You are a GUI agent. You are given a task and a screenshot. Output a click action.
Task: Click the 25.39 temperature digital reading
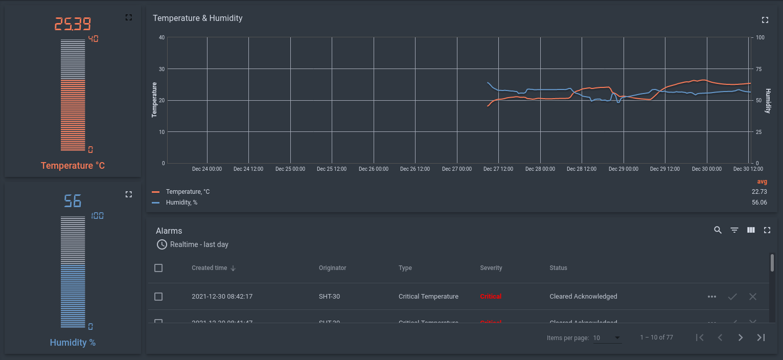pos(73,24)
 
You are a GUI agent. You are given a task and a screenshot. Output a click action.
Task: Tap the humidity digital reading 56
pos(73,200)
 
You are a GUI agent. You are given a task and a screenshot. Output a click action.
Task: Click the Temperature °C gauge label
pos(73,166)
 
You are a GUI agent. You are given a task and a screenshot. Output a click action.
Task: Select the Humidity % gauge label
pos(73,343)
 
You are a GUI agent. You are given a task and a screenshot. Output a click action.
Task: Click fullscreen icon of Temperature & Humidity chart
pos(765,20)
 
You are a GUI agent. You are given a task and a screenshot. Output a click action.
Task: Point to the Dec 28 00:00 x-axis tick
pos(540,169)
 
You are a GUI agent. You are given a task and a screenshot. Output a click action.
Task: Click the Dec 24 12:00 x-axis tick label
pos(248,169)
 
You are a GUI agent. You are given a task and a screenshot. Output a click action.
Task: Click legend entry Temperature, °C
pos(188,192)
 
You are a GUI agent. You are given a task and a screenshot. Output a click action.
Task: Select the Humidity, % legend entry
pos(181,202)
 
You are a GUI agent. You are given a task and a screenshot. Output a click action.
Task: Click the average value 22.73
pos(759,192)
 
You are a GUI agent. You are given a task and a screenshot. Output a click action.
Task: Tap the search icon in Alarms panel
pos(718,230)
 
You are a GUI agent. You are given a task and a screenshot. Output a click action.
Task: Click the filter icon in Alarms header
pos(734,230)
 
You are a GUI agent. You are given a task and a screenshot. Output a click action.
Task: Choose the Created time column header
pos(210,268)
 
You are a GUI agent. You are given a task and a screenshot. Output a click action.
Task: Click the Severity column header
pos(491,268)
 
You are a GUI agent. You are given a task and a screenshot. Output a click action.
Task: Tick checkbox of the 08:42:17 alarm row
pos(158,297)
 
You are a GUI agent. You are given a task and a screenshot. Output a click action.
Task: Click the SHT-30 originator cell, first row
pos(329,297)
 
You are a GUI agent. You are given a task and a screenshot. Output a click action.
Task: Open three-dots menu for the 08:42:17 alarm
pos(711,297)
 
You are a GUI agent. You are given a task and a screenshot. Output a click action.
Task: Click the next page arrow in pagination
pos(740,337)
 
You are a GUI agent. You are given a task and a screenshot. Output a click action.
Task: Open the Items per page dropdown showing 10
pos(607,338)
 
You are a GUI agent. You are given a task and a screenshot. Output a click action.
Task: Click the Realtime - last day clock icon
pos(162,244)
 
